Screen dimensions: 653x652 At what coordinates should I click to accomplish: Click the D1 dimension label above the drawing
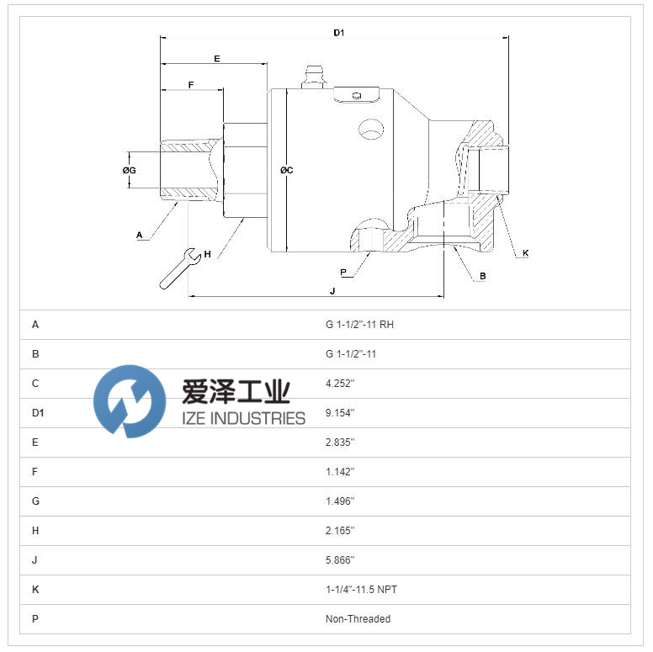coord(338,33)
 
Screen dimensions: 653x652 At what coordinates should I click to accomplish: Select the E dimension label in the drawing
coord(216,59)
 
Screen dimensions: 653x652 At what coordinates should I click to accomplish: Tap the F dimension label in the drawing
coord(191,85)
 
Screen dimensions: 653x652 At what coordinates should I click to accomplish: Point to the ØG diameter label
coord(129,170)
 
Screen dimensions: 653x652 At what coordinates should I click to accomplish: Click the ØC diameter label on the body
coord(286,170)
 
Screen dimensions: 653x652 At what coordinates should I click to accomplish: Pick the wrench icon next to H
coord(180,268)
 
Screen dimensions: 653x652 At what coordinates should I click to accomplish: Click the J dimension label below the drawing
coord(332,291)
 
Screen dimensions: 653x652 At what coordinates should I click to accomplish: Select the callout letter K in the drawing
coord(526,252)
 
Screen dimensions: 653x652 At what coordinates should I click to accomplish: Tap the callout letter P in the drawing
coord(343,273)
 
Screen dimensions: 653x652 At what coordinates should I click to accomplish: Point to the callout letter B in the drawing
coord(483,276)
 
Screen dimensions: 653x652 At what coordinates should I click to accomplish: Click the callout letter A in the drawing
coord(140,236)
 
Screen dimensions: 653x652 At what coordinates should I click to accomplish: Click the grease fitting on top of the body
coord(314,77)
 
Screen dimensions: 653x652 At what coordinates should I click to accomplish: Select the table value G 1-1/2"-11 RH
coord(359,325)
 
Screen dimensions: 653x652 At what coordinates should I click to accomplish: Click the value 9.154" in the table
coord(340,413)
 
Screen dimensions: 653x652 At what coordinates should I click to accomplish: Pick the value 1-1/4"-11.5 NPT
coord(361,590)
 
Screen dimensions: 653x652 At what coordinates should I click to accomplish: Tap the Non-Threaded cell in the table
coord(358,619)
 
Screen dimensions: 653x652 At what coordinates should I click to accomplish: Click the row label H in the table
coord(35,531)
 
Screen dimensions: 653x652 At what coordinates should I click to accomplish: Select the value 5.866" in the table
coord(340,560)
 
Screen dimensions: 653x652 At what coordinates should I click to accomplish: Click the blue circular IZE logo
coord(130,401)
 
